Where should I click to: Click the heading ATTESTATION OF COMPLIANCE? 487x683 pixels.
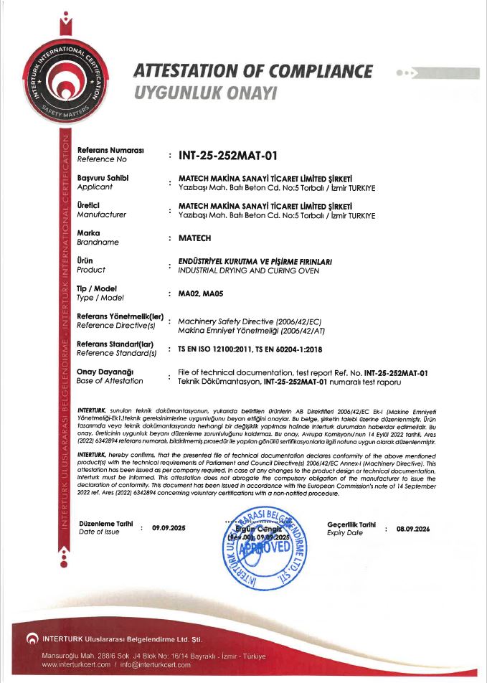click(x=253, y=72)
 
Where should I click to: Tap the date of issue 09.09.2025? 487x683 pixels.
click(x=169, y=528)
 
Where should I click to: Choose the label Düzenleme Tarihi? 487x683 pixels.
click(x=106, y=524)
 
